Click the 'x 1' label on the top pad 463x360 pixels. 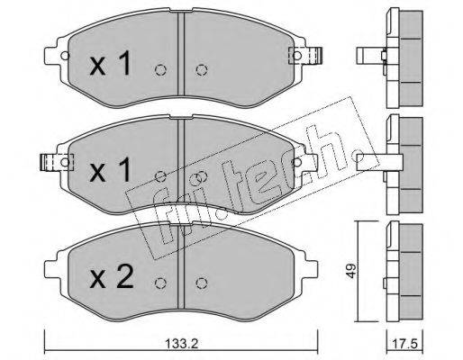112,64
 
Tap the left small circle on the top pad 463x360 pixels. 160,71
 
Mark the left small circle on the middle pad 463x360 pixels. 160,176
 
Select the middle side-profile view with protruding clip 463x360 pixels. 396,162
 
